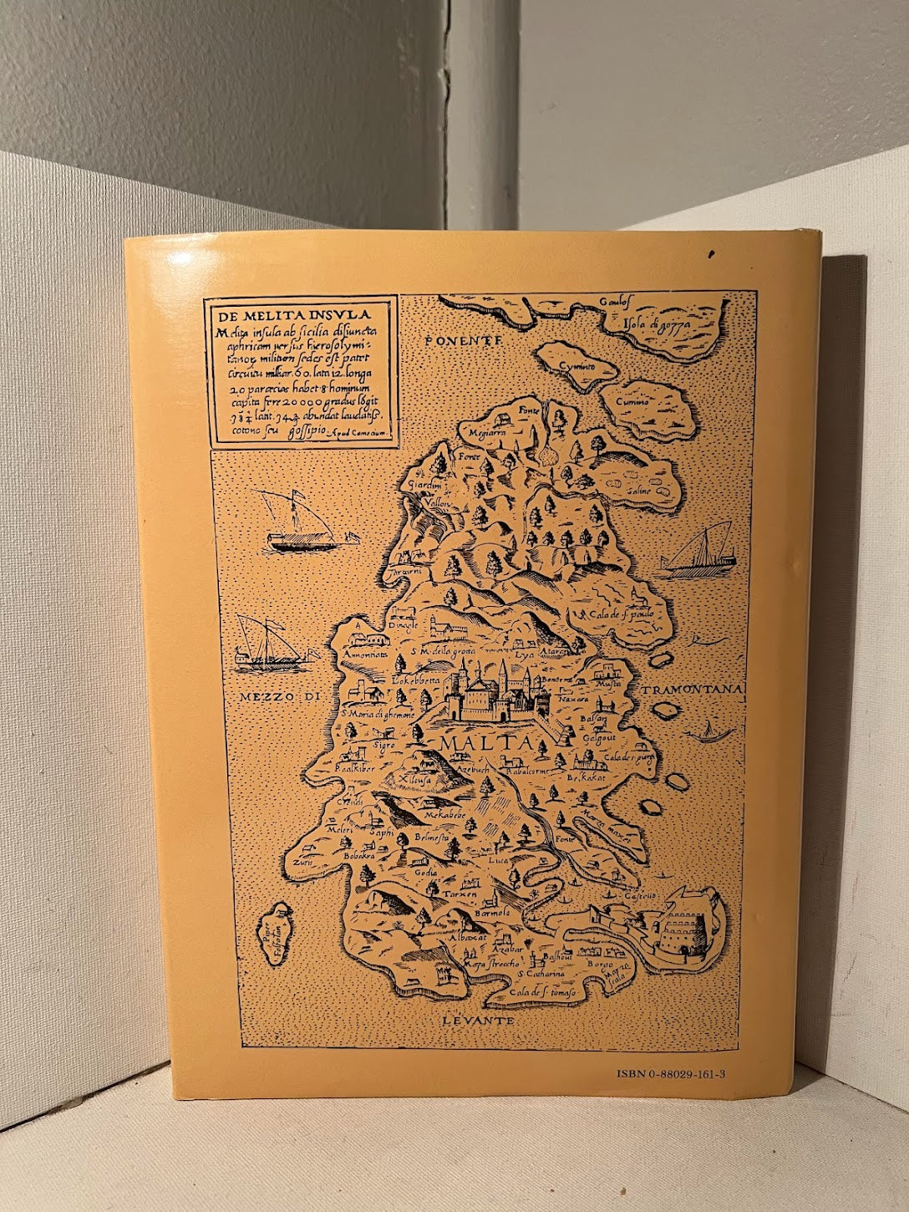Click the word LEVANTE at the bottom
coord(477,1021)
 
